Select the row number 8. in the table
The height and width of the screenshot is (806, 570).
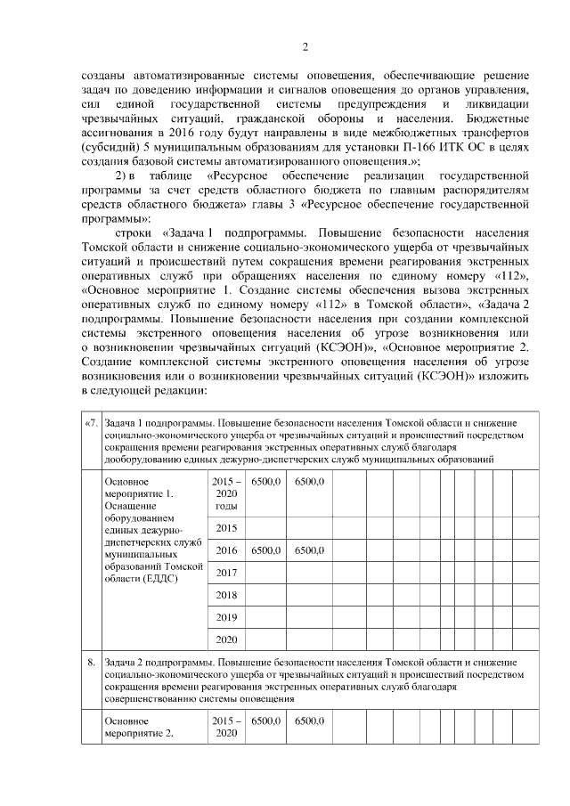point(90,663)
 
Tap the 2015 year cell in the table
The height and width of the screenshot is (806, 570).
point(226,528)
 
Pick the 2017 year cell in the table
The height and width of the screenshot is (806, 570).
point(226,572)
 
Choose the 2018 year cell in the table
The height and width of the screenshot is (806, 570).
point(226,594)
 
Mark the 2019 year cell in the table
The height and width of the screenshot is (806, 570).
point(226,616)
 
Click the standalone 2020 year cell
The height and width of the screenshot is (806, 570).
point(226,639)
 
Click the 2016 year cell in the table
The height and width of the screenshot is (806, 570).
point(226,550)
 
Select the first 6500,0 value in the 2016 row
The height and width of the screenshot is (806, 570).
point(266,550)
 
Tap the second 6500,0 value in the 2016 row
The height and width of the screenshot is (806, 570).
point(308,550)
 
